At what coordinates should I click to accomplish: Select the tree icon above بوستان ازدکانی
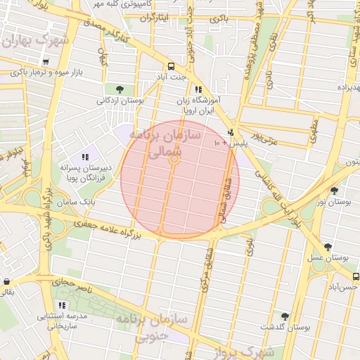pyautogui.click(x=120, y=89)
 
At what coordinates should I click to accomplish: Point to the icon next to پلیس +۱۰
pyautogui.click(x=231, y=132)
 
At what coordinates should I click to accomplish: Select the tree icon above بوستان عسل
pyautogui.click(x=328, y=246)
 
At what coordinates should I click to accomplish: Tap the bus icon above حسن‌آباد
pyautogui.click(x=356, y=276)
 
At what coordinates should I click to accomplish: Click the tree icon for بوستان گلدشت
pyautogui.click(x=285, y=316)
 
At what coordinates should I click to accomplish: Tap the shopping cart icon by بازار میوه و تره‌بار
pyautogui.click(x=46, y=62)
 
